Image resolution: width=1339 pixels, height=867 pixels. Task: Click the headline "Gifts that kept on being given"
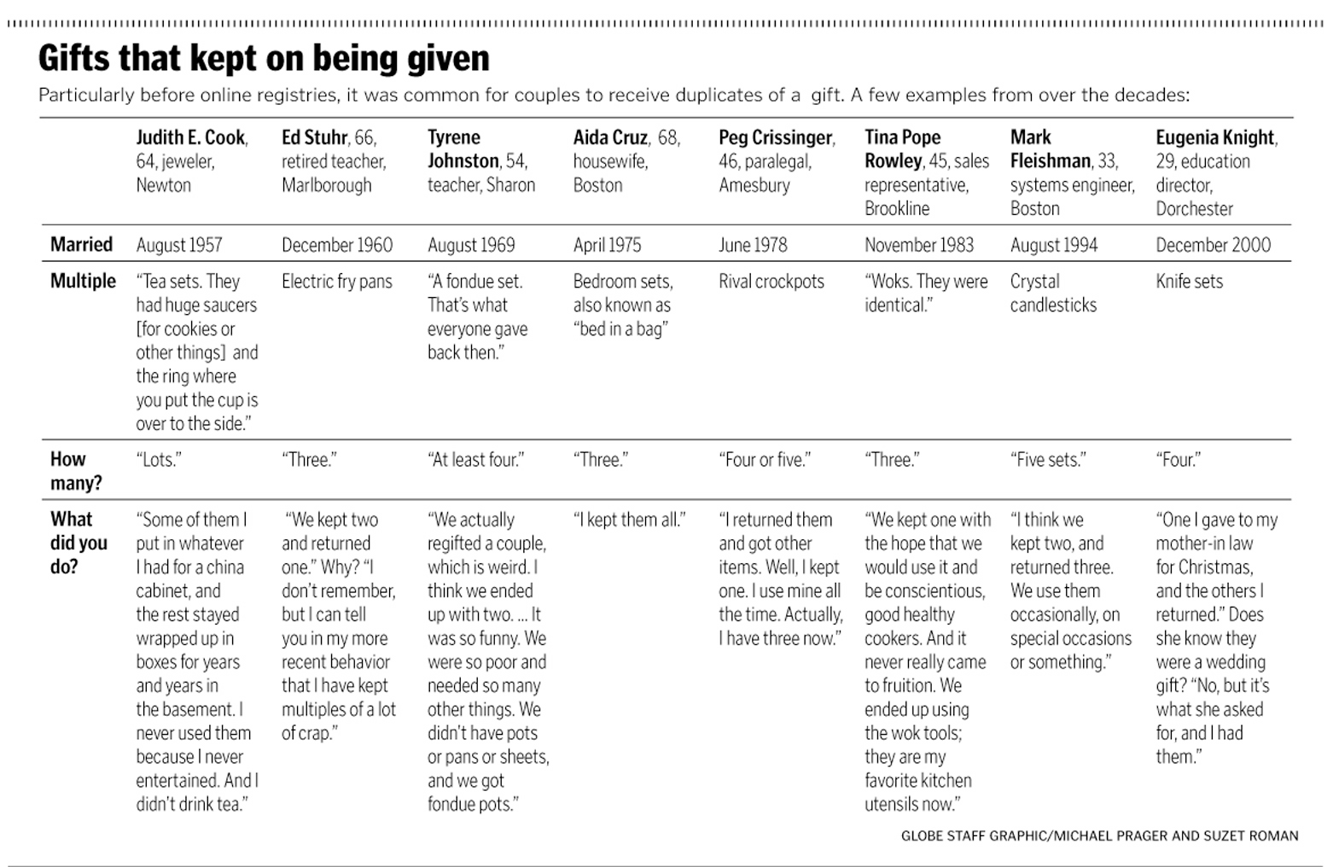(264, 59)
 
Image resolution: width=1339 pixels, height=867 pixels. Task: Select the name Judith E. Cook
(191, 137)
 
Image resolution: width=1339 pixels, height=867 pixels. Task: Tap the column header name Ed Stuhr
(315, 137)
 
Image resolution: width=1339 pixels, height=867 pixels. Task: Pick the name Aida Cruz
(610, 137)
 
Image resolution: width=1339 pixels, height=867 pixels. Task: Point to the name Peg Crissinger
(776, 137)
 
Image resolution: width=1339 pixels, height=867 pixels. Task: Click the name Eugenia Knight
(1215, 137)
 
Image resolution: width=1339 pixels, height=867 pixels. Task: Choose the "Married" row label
(81, 245)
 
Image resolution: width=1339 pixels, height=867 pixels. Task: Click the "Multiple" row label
(83, 281)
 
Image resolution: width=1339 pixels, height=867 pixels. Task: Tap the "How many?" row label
(75, 471)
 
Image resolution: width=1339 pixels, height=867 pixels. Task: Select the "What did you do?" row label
(79, 543)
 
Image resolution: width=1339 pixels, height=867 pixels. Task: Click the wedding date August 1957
(179, 246)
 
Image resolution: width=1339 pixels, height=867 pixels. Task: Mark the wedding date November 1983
(918, 246)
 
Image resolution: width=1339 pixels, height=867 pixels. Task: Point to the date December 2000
(1213, 246)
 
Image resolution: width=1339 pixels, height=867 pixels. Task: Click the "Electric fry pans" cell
(337, 282)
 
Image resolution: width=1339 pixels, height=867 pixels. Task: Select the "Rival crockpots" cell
(771, 282)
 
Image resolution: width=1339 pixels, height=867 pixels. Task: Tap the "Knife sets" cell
(1189, 282)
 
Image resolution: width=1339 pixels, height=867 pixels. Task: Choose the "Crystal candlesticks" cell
(1053, 294)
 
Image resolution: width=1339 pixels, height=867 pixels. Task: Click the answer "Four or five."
(765, 460)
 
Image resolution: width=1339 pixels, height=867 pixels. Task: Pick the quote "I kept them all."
(629, 520)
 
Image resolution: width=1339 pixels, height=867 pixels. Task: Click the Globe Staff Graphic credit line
(1099, 836)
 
